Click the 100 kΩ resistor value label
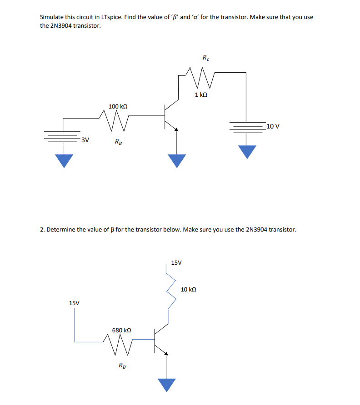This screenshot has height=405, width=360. coord(118,106)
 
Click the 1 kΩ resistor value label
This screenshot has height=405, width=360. coord(201,95)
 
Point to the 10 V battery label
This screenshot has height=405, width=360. coord(273,126)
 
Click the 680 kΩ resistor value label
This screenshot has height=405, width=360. coord(122,331)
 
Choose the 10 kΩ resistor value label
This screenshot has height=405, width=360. coord(189,289)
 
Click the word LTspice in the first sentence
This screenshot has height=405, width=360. coord(115,17)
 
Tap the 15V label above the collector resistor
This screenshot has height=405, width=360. coord(176,262)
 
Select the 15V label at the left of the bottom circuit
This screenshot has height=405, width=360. coord(75,303)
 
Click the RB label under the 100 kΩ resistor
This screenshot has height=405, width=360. coord(118,142)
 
